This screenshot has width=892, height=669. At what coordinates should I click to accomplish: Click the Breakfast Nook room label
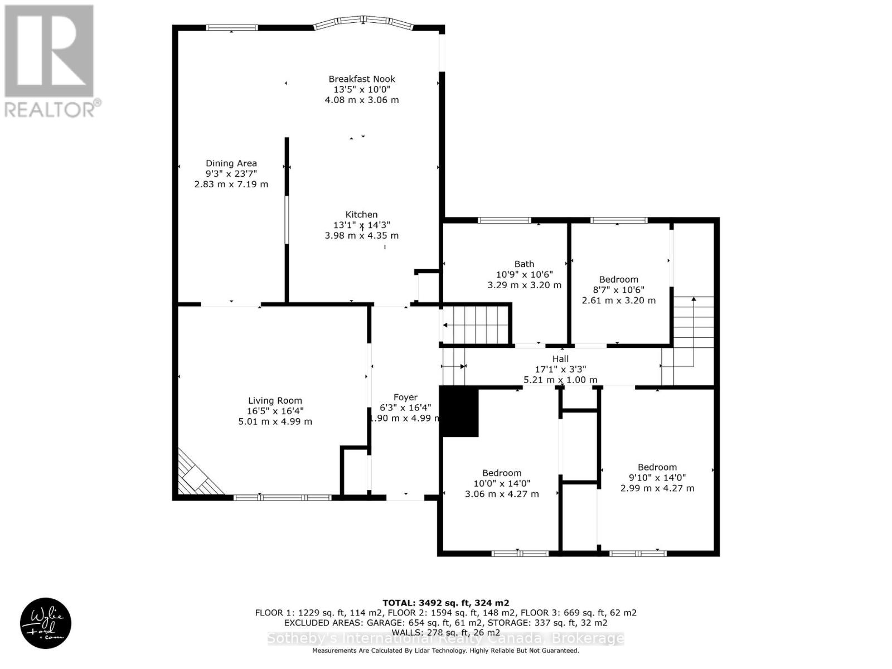pos(362,79)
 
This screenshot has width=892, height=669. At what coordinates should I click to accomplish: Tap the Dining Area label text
pos(231,163)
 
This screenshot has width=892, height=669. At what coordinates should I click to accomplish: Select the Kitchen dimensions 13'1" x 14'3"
pos(362,225)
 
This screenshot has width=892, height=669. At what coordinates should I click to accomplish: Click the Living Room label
pos(275,400)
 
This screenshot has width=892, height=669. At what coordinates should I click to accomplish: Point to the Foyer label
pos(405,397)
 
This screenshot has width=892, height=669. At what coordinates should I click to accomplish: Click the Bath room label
pos(524,264)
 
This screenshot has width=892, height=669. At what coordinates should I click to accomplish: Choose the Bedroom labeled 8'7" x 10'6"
pos(618,279)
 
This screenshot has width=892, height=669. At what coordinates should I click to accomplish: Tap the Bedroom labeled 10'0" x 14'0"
pos(502,473)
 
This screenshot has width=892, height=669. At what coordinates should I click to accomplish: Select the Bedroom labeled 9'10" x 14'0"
pos(657,467)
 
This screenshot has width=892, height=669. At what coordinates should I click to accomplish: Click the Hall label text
pos(560,359)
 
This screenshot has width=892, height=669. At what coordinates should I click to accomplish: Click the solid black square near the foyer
pos(460,412)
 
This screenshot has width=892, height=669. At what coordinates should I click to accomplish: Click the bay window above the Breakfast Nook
pos(363,22)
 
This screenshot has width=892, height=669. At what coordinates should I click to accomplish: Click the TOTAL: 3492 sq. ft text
pos(445,603)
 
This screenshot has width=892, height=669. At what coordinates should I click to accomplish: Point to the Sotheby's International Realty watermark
pos(445,639)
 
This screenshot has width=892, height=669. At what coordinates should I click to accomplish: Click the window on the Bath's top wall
pos(505,220)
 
